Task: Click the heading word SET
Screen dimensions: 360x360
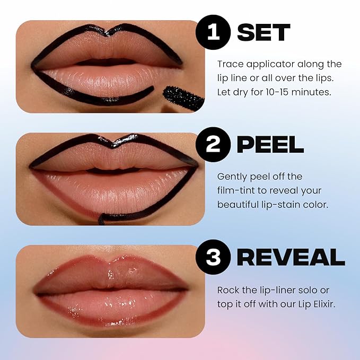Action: tap(264, 33)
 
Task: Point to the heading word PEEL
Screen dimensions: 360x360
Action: tap(270, 145)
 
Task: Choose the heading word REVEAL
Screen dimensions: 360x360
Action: tap(291, 257)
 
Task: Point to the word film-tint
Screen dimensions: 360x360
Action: tap(237, 191)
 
